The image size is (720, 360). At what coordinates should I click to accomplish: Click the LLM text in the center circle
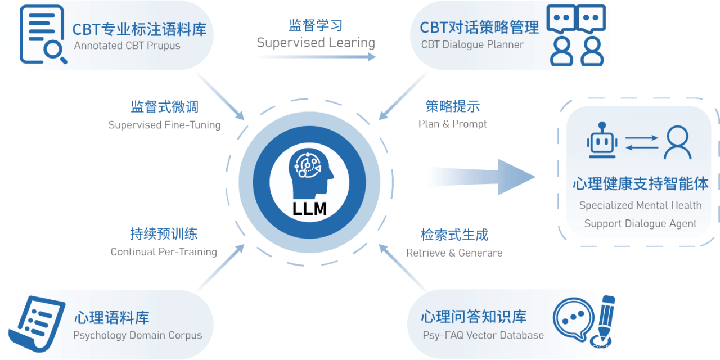[x=309, y=209]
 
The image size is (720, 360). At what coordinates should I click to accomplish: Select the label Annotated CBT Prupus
[x=127, y=46]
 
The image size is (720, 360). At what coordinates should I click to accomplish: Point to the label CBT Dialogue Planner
[x=472, y=44]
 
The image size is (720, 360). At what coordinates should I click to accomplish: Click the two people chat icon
[x=577, y=35]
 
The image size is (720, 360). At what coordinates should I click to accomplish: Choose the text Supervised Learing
[x=316, y=43]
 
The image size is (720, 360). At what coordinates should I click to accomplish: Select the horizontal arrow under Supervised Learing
[x=315, y=56]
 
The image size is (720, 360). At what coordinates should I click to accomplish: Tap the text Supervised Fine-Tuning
[x=164, y=125]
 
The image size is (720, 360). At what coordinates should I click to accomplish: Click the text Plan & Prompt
[x=453, y=124]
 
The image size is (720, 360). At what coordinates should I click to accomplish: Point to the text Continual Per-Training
[x=164, y=252]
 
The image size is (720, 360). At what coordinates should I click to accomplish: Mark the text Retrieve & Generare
[x=454, y=253]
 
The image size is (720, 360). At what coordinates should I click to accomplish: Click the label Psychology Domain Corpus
[x=137, y=335]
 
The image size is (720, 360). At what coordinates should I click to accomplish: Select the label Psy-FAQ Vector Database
[x=483, y=335]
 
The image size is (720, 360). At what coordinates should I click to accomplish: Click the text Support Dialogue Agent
[x=640, y=223]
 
